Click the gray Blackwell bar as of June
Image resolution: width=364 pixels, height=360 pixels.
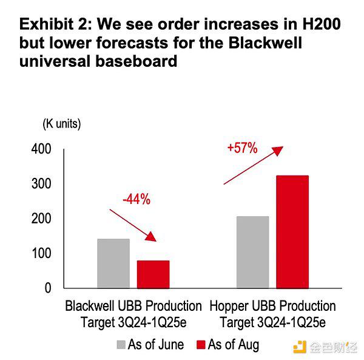pos(113,263)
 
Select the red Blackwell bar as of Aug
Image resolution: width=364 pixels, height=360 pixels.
pos(153,274)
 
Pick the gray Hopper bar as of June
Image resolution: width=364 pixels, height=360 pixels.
pos(252,251)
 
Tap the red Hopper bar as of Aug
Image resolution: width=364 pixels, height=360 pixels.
pos(292,231)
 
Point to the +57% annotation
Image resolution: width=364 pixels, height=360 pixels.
pos(243,148)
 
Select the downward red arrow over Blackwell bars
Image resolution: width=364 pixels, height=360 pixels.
pos(133,224)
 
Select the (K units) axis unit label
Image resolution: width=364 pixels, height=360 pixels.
pos(61,124)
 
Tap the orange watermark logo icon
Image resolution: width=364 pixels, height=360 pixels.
pos(299,347)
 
